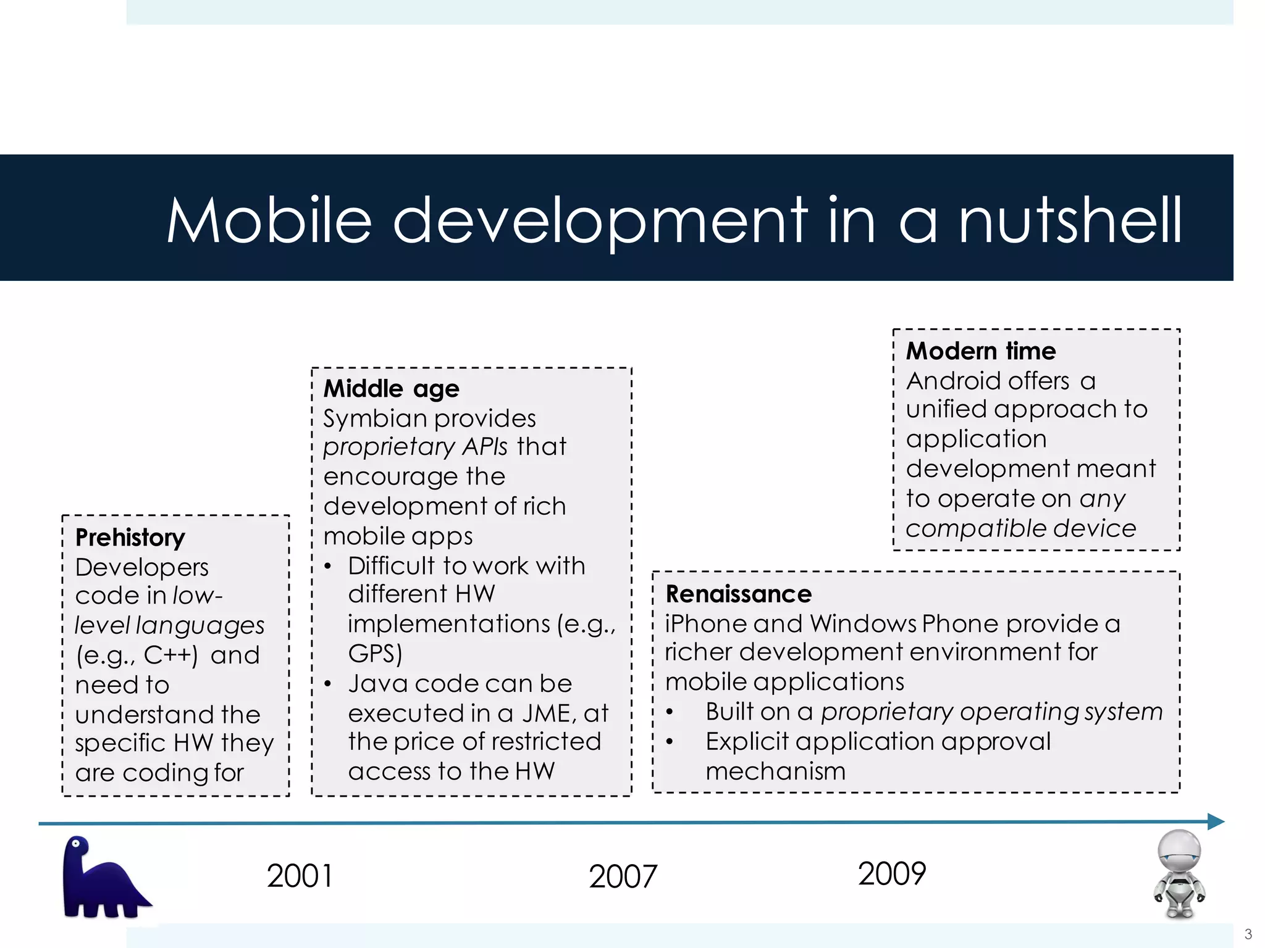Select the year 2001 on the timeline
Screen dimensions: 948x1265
pyautogui.click(x=300, y=876)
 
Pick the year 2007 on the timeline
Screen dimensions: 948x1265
pyautogui.click(x=623, y=877)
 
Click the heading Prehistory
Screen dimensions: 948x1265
pyautogui.click(x=130, y=538)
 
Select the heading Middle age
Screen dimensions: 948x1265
pyautogui.click(x=391, y=389)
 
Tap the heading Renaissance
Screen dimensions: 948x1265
pyautogui.click(x=738, y=594)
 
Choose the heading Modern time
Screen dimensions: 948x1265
pyautogui.click(x=981, y=351)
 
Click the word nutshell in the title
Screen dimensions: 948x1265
pyautogui.click(x=1070, y=220)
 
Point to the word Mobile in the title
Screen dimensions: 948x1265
pyautogui.click(x=269, y=220)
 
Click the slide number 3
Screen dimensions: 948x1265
pyautogui.click(x=1248, y=934)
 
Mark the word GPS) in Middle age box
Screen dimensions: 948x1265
pyautogui.click(x=375, y=654)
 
